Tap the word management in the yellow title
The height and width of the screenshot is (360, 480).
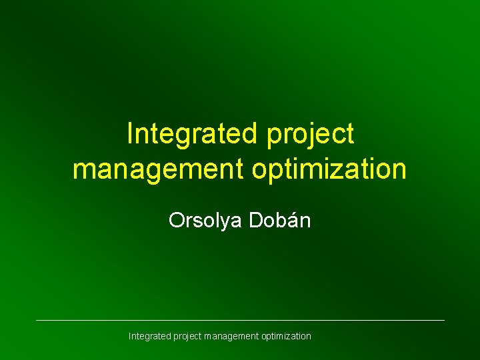(x=159, y=169)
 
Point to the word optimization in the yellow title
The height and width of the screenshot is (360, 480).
(x=329, y=169)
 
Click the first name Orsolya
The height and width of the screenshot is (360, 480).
(x=206, y=221)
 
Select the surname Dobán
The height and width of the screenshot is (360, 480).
(x=280, y=220)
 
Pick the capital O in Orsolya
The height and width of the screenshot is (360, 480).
(x=176, y=220)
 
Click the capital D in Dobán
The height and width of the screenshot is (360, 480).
(x=257, y=220)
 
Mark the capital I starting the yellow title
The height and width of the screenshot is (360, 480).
(x=129, y=133)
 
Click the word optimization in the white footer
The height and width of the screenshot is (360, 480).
(x=286, y=337)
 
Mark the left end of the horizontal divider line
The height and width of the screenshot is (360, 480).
(x=37, y=321)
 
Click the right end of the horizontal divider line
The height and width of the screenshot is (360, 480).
(x=443, y=321)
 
